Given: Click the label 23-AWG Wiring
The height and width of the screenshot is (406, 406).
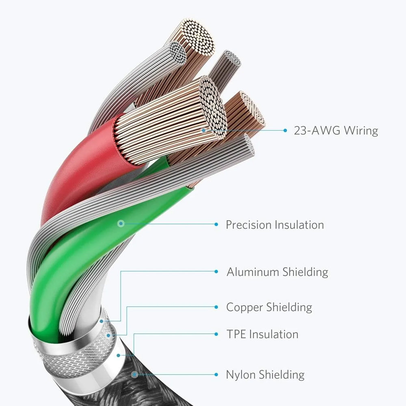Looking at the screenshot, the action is pos(336,130).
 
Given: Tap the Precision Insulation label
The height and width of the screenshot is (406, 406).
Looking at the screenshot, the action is pos(275,225).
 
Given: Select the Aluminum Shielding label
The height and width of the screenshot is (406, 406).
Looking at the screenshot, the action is pos(277,272).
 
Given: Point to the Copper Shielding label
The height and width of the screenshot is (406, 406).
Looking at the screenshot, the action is pos(269,307).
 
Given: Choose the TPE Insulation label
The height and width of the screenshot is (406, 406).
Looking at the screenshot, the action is pos(262,334).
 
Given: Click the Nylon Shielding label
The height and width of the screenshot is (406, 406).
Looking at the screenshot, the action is pos(265,375).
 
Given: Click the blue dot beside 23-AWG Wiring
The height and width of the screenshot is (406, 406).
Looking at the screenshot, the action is pos(285,130).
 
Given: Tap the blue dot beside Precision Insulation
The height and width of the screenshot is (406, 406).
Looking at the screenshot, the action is pos(216,224).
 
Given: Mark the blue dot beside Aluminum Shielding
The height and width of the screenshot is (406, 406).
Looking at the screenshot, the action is pos(216,271).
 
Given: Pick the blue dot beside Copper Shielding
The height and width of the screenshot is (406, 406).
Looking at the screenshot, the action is pos(216,307).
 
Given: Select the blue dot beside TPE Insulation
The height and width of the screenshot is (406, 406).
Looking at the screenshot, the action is pos(216,334).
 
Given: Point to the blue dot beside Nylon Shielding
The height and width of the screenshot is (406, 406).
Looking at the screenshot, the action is pos(216,374).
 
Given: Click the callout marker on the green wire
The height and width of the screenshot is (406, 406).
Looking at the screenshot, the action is pos(121,223).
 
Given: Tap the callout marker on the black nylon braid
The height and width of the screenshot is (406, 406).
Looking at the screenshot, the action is pos(134,374).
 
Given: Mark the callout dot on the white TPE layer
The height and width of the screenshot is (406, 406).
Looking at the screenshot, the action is pos(118,355).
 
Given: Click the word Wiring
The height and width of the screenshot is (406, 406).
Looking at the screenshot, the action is pos(361,130).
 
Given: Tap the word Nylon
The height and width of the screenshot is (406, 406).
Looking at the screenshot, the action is pos(241,375).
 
